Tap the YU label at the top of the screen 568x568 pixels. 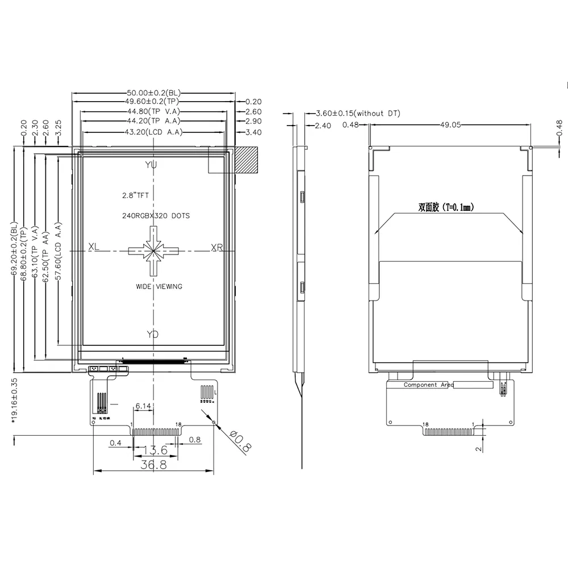tap(151, 165)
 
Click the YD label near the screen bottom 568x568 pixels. tap(152, 335)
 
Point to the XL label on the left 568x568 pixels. tap(94, 248)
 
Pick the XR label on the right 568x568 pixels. tap(217, 248)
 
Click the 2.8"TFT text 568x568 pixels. tap(135, 195)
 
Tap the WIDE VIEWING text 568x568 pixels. tap(159, 286)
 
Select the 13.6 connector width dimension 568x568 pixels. tap(155, 451)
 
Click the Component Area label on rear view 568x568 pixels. tap(428, 385)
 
